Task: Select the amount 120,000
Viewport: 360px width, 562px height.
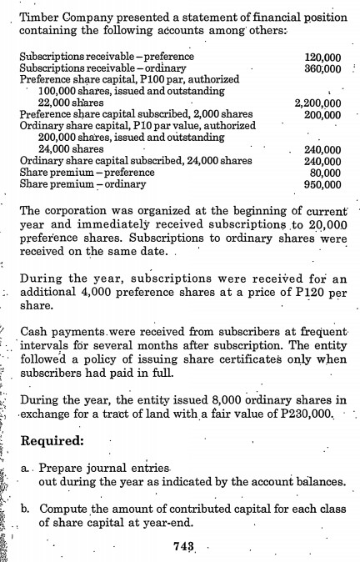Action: pyautogui.click(x=323, y=60)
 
